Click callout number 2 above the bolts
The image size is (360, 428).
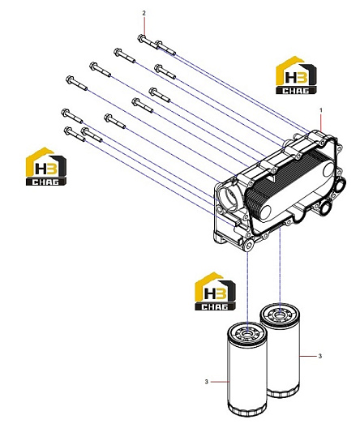pyautogui.click(x=144, y=13)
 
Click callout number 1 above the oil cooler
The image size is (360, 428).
pyautogui.click(x=321, y=110)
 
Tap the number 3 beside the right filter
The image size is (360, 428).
pyautogui.click(x=320, y=356)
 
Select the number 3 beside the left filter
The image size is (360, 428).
pyautogui.click(x=207, y=382)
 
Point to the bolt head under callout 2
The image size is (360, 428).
pyautogui.click(x=141, y=38)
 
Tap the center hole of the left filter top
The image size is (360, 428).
pyautogui.click(x=247, y=333)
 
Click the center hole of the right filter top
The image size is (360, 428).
pyautogui.click(x=280, y=315)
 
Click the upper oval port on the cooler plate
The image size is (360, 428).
pyautogui.click(x=328, y=169)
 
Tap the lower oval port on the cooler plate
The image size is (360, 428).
pyautogui.click(x=265, y=212)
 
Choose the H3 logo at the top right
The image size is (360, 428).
pyautogui.click(x=296, y=75)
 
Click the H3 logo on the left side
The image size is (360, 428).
pyautogui.click(x=46, y=166)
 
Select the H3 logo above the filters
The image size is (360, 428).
pyautogui.click(x=215, y=291)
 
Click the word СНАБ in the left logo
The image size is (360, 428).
pyautogui.click(x=46, y=182)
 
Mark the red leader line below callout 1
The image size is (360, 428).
pyautogui.click(x=321, y=123)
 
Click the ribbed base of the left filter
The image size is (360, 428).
pyautogui.click(x=247, y=412)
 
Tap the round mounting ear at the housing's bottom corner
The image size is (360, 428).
pyautogui.click(x=248, y=246)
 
